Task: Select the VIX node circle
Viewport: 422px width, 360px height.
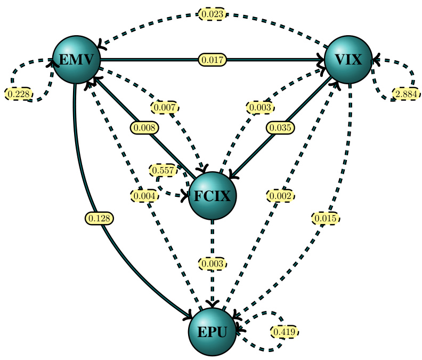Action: coord(348,60)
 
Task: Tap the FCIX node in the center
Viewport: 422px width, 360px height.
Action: coord(212,196)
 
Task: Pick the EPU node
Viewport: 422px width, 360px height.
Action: coord(212,332)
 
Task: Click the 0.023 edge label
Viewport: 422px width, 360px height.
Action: coord(213,14)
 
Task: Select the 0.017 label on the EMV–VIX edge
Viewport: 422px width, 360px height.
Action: coord(213,59)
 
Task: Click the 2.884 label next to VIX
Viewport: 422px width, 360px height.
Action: coord(406,94)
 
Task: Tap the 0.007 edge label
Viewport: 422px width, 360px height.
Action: coord(164,107)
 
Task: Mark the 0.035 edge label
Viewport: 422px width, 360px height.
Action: coord(280,128)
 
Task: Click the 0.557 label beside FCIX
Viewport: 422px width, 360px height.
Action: coord(163,170)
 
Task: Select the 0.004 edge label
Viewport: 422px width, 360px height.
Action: coord(144,196)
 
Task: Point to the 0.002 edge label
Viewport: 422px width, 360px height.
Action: coord(280,196)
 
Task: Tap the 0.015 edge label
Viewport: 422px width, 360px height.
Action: coord(325,218)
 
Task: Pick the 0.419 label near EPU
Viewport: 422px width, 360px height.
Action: coord(283,331)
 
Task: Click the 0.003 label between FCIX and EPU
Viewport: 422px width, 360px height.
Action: coord(212,263)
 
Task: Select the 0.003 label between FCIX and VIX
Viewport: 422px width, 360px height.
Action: coord(261,107)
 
